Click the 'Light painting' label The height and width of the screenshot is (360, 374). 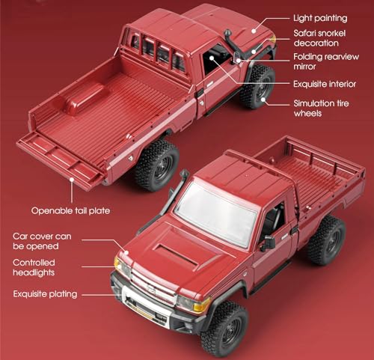320,18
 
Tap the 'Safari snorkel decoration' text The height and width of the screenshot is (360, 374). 319,38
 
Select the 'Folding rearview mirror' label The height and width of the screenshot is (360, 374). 326,61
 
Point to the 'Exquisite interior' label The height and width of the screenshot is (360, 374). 325,84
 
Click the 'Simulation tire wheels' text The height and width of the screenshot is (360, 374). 321,109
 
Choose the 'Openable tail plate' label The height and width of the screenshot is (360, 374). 70,211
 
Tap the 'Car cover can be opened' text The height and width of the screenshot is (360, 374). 42,241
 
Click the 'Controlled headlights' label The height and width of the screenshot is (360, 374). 34,267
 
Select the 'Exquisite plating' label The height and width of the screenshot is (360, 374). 45,294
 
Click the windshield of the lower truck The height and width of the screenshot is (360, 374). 216,215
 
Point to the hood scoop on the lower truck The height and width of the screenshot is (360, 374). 176,254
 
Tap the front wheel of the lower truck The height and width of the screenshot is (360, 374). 225,329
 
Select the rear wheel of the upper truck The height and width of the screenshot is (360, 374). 157,165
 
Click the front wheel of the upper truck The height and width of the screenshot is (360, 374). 258,86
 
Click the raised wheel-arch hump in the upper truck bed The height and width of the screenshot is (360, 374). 84,98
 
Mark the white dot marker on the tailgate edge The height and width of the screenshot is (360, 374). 72,179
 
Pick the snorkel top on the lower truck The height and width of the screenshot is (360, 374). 185,173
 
